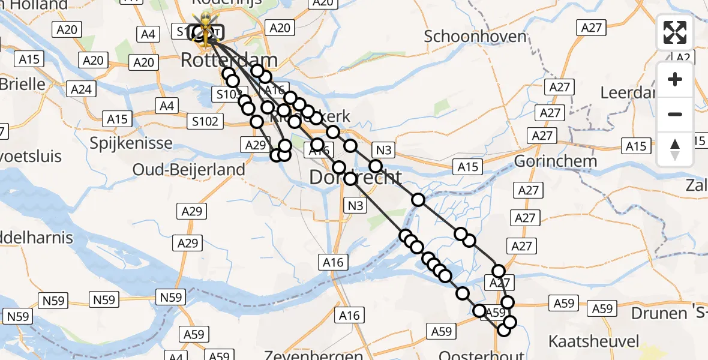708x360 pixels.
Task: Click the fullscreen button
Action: coord(675,32)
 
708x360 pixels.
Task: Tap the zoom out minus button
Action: coord(675,114)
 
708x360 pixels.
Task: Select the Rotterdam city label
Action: coord(229,60)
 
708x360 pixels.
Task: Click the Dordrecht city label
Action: coord(355,177)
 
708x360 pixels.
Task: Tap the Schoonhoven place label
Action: coord(475,36)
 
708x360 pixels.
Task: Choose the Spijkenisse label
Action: coord(131,143)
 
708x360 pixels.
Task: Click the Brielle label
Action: coord(23,83)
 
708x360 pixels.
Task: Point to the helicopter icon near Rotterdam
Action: coord(205,28)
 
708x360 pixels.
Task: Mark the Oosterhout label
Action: coord(482,355)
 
